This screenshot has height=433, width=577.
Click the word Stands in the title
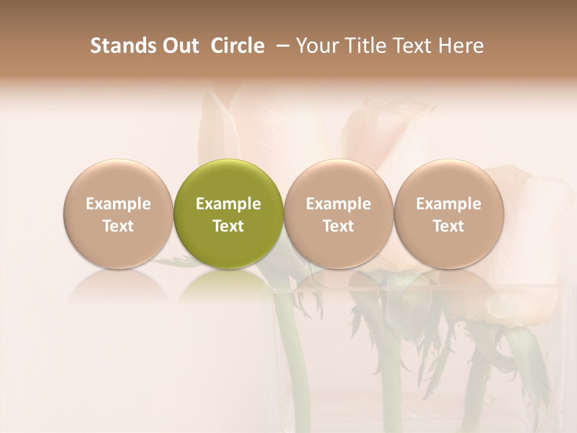pyautogui.click(x=123, y=46)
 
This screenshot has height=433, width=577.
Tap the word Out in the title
pyautogui.click(x=180, y=46)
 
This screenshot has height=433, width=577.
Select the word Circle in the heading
pyautogui.click(x=237, y=46)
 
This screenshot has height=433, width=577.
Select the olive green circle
pyautogui.click(x=228, y=180)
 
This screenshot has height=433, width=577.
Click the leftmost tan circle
pyautogui.click(x=118, y=180)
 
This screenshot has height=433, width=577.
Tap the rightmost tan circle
pyautogui.click(x=449, y=180)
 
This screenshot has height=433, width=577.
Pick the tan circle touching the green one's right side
pyautogui.click(x=338, y=180)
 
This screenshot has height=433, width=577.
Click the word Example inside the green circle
pyautogui.click(x=228, y=204)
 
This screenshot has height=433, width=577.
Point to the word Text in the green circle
pyautogui.click(x=228, y=226)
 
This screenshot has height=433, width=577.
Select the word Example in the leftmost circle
pyautogui.click(x=118, y=204)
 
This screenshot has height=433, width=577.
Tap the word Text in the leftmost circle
pyautogui.click(x=118, y=226)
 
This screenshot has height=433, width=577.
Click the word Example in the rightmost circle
pyautogui.click(x=449, y=204)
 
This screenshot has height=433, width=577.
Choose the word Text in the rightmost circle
pyautogui.click(x=449, y=226)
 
